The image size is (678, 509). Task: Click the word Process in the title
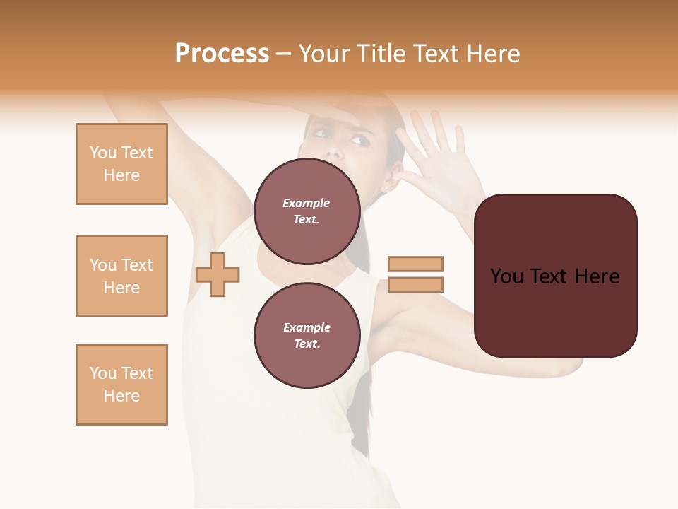point(222,54)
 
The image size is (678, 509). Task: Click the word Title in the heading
point(381,54)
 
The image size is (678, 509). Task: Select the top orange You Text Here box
point(121,164)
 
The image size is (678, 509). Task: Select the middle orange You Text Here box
point(121,276)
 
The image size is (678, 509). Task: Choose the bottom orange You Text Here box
point(121,385)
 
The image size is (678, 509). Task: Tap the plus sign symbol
point(218,274)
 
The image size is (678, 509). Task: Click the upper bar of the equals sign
point(415,264)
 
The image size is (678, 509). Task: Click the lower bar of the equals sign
point(415,284)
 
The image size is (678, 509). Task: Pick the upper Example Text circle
point(307,211)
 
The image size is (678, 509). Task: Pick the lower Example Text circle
point(307,335)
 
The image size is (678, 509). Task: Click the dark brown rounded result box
point(555,276)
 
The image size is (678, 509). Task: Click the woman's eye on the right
point(359,141)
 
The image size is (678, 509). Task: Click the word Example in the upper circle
point(307,203)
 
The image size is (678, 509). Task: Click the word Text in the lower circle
point(307,344)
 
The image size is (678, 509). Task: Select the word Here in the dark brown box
point(596,276)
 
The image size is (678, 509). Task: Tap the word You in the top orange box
point(103,153)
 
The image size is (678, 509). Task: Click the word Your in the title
point(326,54)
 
